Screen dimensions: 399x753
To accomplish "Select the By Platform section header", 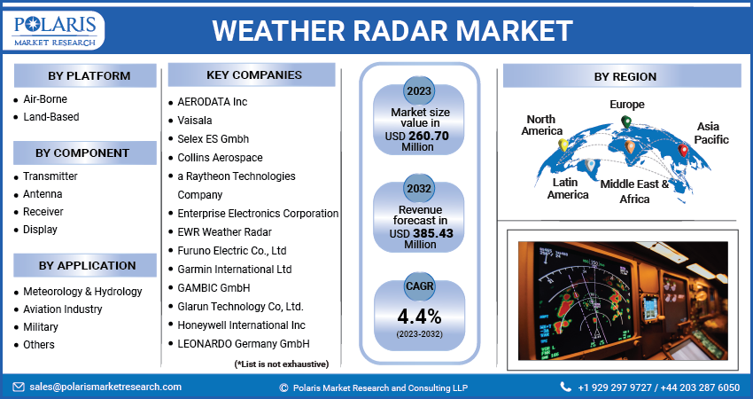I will [x=84, y=75].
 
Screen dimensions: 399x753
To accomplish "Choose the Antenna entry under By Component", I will [x=43, y=194].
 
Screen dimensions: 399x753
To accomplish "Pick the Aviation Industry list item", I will [x=62, y=309].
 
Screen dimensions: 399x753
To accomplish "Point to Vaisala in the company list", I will [x=196, y=121].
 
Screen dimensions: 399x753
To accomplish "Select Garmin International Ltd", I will [x=235, y=269].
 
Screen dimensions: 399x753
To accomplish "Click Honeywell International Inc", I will [x=241, y=325].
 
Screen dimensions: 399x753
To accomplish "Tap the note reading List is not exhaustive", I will [x=281, y=364].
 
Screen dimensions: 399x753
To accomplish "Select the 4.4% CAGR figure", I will [x=418, y=317].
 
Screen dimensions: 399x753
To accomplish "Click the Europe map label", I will [x=626, y=105].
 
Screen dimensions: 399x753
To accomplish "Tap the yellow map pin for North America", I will [x=562, y=145].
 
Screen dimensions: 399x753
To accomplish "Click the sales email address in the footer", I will [x=105, y=387].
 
